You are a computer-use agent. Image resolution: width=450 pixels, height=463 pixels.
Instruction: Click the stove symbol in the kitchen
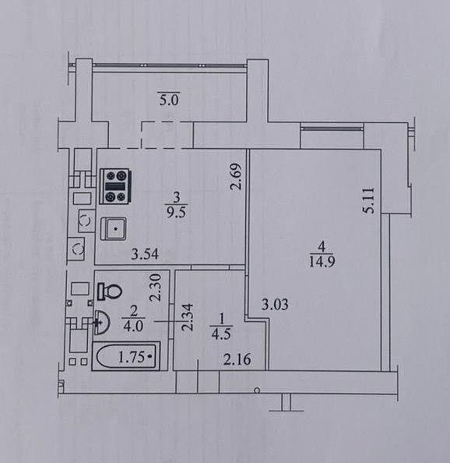115,186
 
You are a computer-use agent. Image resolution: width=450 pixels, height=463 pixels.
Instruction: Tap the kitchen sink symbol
114,228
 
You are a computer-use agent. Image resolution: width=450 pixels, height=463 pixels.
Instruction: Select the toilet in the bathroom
110,292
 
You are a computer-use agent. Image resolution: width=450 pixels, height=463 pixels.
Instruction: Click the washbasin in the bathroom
102,323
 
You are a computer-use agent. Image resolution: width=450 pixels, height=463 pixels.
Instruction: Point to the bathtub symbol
126,356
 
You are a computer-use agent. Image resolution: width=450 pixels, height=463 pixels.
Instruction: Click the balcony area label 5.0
169,100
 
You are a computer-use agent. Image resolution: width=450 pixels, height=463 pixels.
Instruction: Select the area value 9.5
176,212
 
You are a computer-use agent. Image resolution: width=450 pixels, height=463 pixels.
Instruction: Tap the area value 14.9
322,261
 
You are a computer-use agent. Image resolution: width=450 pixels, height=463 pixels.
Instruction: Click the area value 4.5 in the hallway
221,334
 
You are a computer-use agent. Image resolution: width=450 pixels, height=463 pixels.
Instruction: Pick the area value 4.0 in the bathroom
133,326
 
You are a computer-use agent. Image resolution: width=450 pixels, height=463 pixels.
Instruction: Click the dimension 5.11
368,200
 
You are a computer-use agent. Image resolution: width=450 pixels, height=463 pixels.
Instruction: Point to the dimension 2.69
236,176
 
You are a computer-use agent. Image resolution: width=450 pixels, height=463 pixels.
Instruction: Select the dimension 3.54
145,254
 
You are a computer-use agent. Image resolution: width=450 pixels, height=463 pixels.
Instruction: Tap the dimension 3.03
275,305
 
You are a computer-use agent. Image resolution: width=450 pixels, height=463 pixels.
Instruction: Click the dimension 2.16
237,359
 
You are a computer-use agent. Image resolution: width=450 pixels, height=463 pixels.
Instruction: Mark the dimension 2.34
187,317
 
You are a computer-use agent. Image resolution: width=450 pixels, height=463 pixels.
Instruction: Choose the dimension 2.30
156,288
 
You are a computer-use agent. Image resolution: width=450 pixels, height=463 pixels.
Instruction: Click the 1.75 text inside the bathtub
132,357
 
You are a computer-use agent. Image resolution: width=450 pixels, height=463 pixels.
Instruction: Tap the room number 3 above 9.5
177,197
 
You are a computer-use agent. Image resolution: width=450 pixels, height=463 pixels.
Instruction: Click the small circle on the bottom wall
257,391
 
